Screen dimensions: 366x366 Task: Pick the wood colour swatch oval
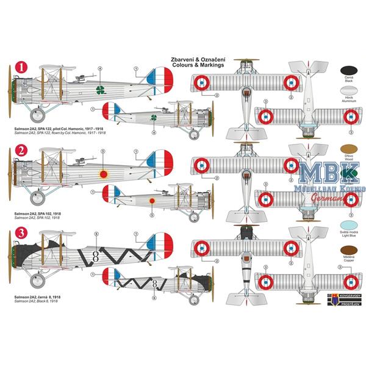pos(350,148)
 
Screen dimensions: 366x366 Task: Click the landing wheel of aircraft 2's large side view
pos(38,196)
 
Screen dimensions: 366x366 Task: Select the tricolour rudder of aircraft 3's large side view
pos(162,244)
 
